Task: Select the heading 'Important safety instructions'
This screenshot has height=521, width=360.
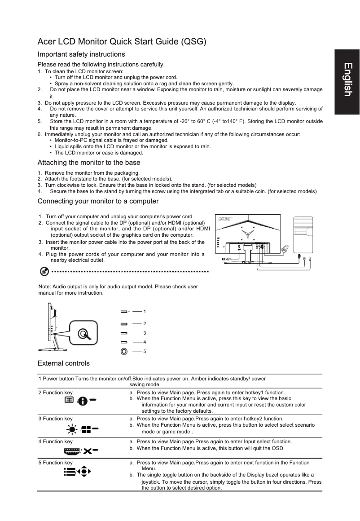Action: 81,54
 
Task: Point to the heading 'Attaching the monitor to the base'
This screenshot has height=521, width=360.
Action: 89,163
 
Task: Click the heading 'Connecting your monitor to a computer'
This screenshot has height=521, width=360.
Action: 98,201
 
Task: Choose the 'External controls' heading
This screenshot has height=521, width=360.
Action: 64,363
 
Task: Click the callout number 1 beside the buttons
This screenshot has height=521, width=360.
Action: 145,311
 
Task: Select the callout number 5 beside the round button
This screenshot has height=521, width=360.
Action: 145,351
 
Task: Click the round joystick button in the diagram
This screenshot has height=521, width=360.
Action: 124,351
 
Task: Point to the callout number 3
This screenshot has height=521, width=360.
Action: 145,333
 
